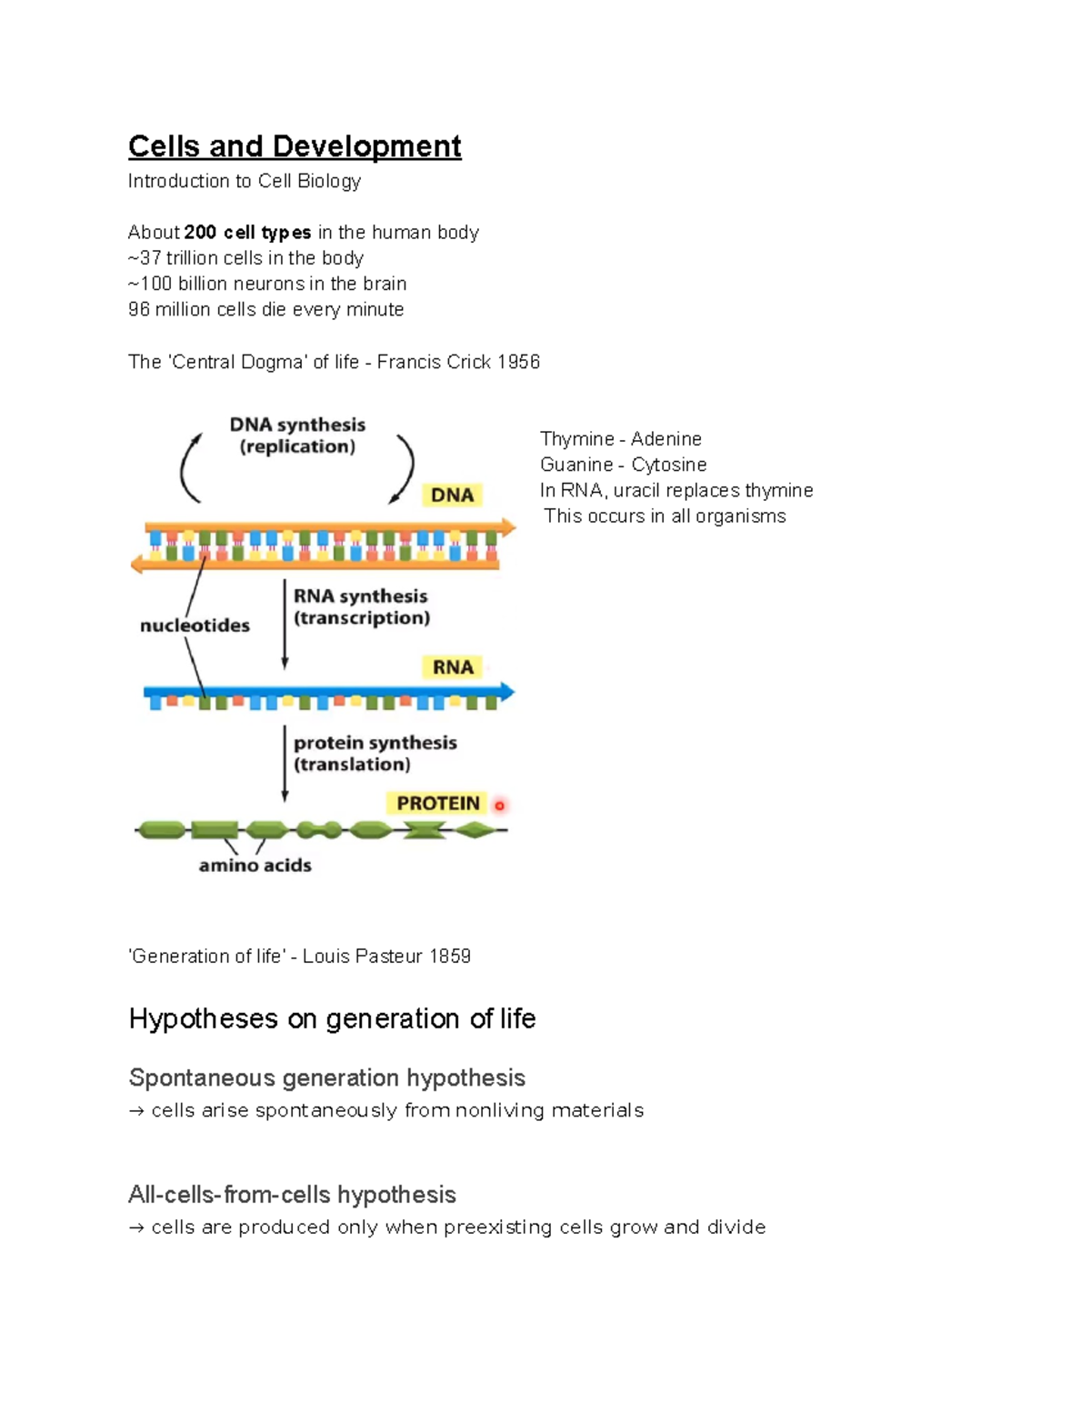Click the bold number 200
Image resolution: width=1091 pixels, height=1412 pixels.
pos(200,233)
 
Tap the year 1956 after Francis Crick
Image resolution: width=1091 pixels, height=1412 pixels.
pos(518,362)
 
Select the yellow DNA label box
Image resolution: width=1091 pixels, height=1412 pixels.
pos(452,496)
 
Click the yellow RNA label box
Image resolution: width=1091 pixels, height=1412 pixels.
pos(453,667)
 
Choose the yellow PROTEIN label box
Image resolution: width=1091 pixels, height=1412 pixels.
pos(438,804)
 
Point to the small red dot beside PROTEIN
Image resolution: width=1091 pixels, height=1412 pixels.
pos(499,806)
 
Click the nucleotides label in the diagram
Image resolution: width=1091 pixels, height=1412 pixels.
pos(195,626)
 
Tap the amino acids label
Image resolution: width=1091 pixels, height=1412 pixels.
pos(255,866)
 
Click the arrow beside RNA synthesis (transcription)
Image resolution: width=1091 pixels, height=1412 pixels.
pos(285,625)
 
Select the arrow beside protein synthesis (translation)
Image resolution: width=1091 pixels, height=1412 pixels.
pos(285,764)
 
